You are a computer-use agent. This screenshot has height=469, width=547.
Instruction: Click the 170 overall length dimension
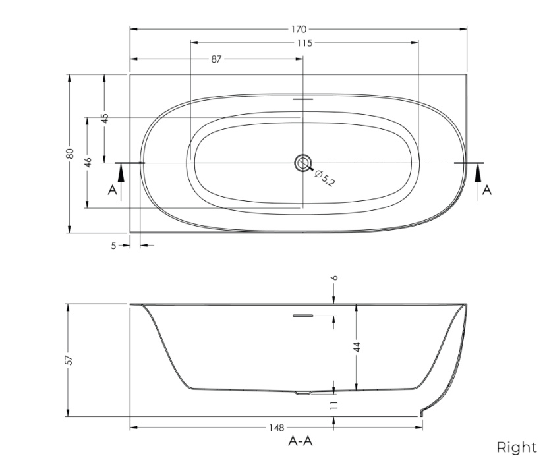pyautogui.click(x=299, y=29)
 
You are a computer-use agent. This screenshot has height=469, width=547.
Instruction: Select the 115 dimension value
pyautogui.click(x=304, y=43)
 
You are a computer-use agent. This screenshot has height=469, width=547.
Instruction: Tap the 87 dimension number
pyautogui.click(x=216, y=59)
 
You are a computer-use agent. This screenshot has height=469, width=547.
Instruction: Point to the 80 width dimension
pyautogui.click(x=69, y=153)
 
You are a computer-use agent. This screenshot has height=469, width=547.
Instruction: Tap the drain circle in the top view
pyautogui.click(x=303, y=162)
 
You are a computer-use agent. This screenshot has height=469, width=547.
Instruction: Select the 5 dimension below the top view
pyautogui.click(x=113, y=246)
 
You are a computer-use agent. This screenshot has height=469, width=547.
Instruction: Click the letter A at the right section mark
pyautogui.click(x=487, y=190)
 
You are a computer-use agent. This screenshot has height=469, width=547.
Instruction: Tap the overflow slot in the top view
pyautogui.click(x=303, y=99)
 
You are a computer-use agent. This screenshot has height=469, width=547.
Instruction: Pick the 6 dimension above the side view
pyautogui.click(x=334, y=278)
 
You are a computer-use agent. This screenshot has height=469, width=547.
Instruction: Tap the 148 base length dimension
pyautogui.click(x=276, y=428)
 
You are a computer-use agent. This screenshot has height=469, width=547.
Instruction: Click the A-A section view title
pyautogui.click(x=301, y=441)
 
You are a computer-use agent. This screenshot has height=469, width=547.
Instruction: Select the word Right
pyautogui.click(x=516, y=448)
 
